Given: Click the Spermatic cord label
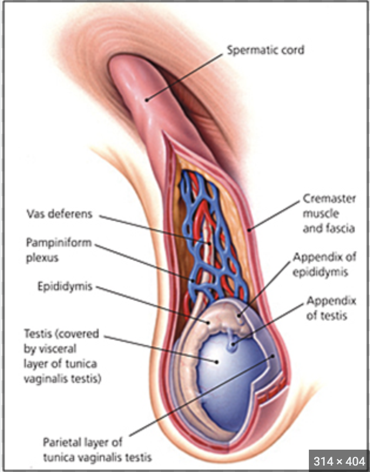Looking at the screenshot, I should tap(265, 49).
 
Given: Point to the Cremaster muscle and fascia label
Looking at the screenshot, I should tap(328, 213).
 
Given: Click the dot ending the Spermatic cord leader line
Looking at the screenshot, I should tap(147, 99).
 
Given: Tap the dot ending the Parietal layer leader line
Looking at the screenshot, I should tap(273, 356).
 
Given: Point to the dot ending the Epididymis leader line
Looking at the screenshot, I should tap(207, 321).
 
